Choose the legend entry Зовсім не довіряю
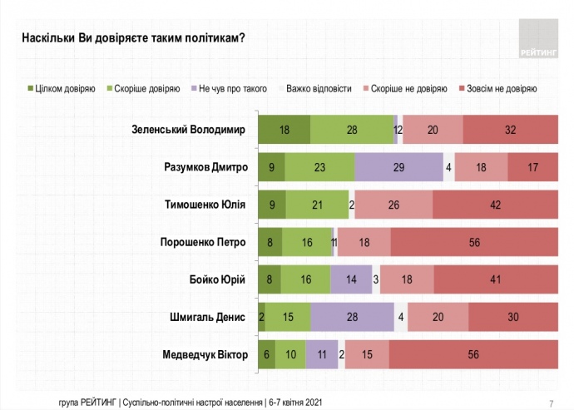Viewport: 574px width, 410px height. (x=500, y=87)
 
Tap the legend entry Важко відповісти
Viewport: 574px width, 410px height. (x=319, y=87)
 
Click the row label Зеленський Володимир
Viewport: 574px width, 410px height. (x=191, y=129)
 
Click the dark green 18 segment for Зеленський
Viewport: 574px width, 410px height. (x=284, y=130)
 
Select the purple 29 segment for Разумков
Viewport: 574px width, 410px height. (x=398, y=167)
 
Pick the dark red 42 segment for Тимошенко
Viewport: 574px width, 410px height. (x=495, y=205)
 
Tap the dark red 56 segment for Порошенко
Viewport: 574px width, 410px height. (x=474, y=243)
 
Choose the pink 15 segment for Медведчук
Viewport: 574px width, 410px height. (x=366, y=356)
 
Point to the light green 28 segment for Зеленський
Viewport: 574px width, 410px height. (x=351, y=130)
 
